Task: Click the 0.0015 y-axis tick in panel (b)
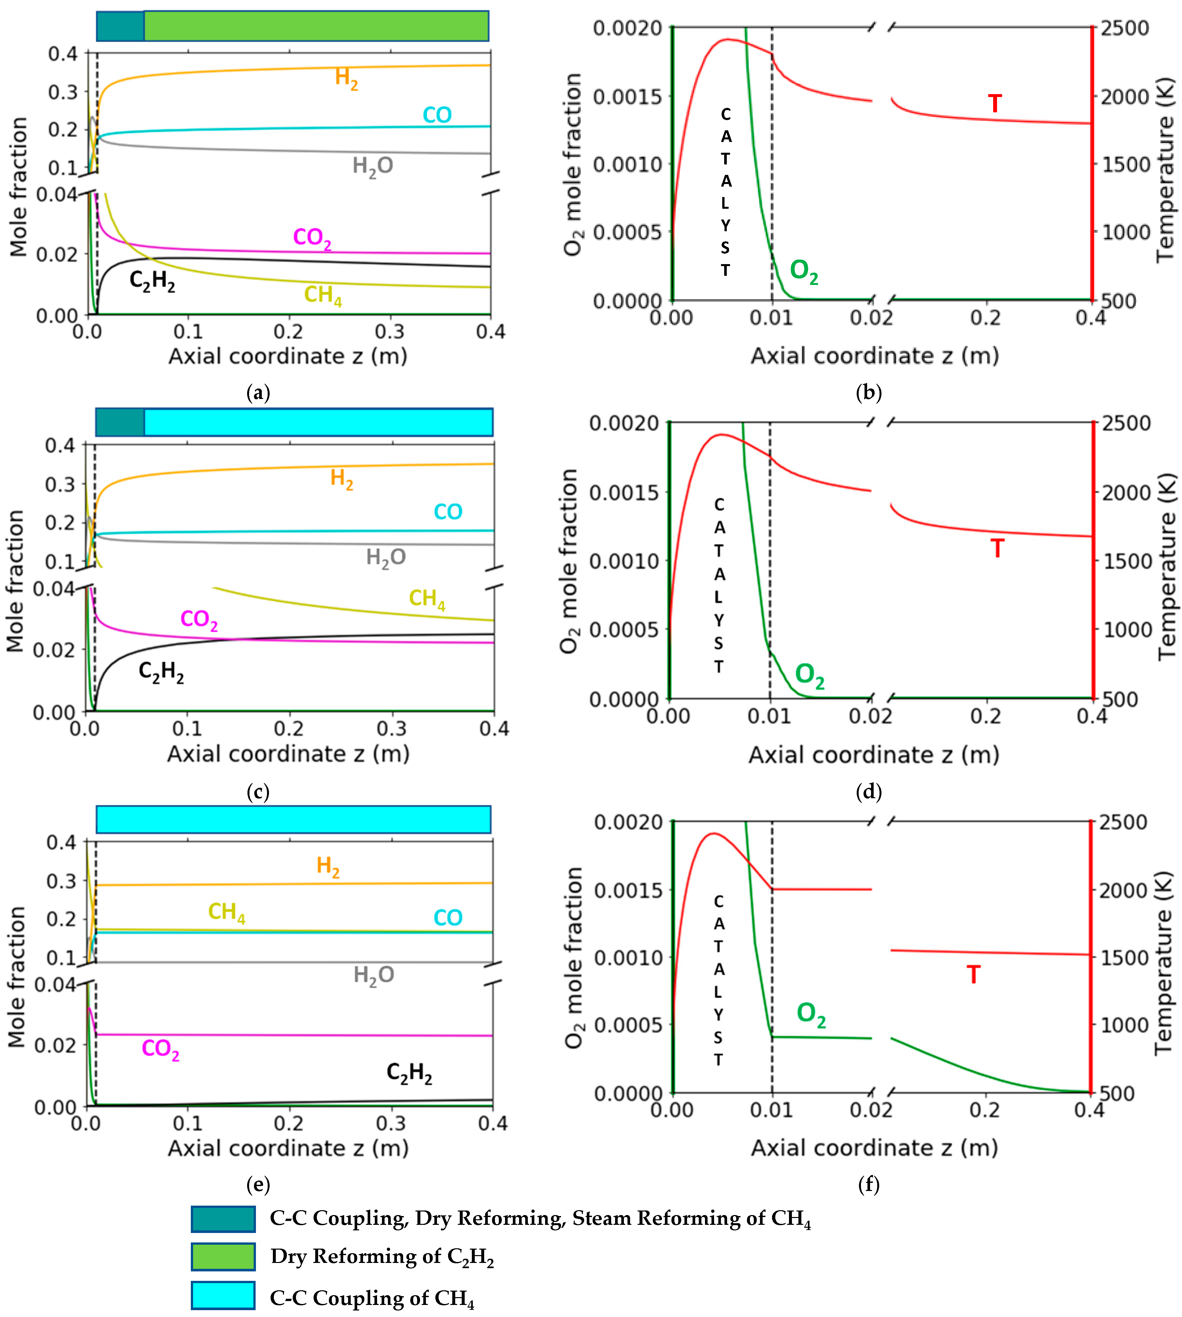point(627,96)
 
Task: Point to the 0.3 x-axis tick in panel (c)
point(392,729)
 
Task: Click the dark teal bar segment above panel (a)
point(120,26)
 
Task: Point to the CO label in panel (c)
point(447,512)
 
